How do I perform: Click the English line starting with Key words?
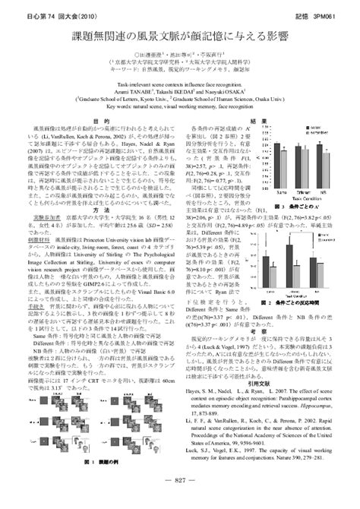[x=180, y=108]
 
